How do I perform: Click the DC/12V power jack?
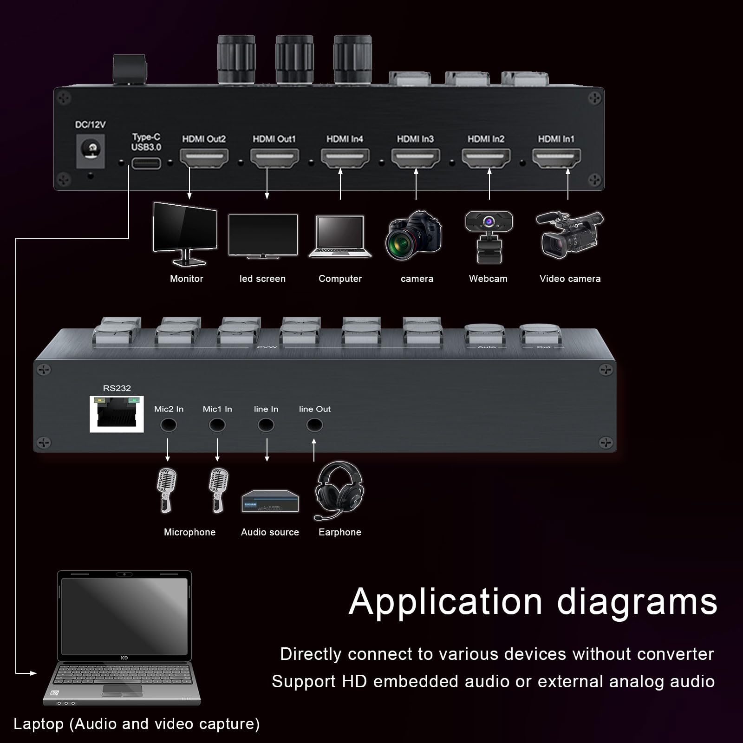pyautogui.click(x=91, y=150)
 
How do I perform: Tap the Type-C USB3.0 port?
pyautogui.click(x=146, y=163)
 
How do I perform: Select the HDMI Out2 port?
pyautogui.click(x=204, y=158)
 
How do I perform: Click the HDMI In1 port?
pyautogui.click(x=556, y=158)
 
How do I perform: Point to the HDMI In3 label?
pyautogui.click(x=415, y=139)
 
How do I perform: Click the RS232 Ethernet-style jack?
pyautogui.click(x=117, y=414)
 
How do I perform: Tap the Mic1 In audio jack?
pyautogui.click(x=217, y=425)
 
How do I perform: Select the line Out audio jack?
pyautogui.click(x=314, y=425)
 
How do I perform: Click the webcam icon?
pyautogui.click(x=489, y=236)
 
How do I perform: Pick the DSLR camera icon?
pyautogui.click(x=413, y=236)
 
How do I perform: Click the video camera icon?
pyautogui.click(x=570, y=235)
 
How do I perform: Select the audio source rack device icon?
pyautogui.click(x=270, y=502)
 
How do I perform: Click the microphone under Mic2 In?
pyautogui.click(x=166, y=490)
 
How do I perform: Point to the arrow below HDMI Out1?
pyautogui.click(x=267, y=183)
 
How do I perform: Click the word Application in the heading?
pyautogui.click(x=445, y=602)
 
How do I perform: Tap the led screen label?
pyautogui.click(x=262, y=279)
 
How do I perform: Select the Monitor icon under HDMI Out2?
pyautogui.click(x=185, y=234)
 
